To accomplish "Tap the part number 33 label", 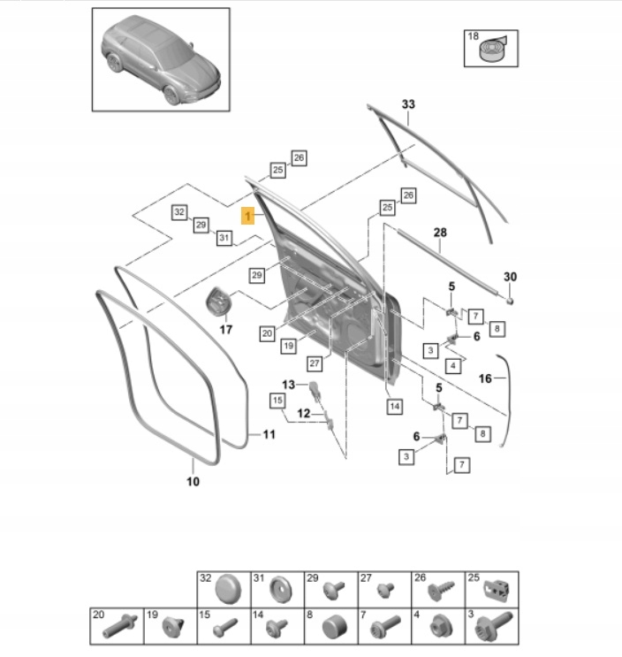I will click(x=407, y=104).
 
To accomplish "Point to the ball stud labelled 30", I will click(x=511, y=298).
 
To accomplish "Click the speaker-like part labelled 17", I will click(x=218, y=302).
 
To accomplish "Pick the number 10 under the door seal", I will click(x=193, y=482).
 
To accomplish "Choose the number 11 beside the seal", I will click(x=269, y=434).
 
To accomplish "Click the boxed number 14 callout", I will click(x=394, y=406).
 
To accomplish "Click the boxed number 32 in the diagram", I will click(x=179, y=212).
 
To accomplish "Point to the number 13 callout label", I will click(x=288, y=384).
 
